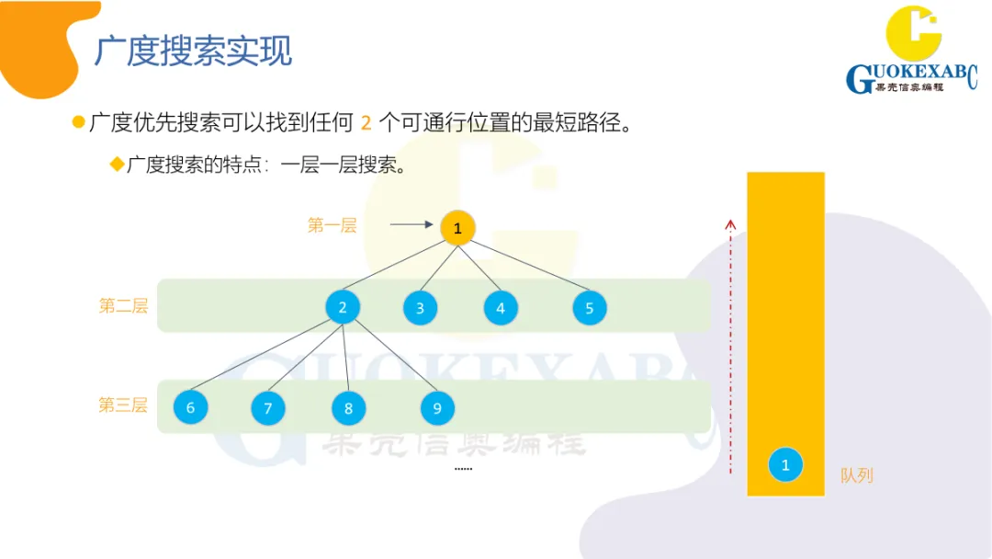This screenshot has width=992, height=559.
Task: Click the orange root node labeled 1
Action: click(457, 227)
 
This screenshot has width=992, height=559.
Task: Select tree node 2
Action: click(343, 307)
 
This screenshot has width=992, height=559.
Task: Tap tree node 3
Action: click(420, 308)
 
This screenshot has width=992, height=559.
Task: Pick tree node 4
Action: click(501, 308)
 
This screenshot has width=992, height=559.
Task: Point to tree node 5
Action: click(590, 308)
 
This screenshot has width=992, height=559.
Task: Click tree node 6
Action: click(191, 407)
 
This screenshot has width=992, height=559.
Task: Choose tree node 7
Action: click(268, 407)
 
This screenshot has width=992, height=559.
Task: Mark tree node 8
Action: click(349, 407)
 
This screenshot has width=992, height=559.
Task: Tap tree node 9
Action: click(437, 407)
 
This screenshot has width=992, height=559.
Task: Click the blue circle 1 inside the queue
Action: click(785, 464)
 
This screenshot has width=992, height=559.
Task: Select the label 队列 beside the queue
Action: click(856, 475)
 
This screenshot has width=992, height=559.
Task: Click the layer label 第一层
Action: click(332, 225)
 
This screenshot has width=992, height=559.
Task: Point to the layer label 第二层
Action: click(123, 306)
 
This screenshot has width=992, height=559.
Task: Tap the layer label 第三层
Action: click(123, 405)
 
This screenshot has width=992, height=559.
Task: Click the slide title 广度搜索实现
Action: click(193, 51)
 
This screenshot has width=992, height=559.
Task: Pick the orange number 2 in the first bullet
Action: click(366, 122)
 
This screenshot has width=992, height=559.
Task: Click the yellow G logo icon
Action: click(913, 35)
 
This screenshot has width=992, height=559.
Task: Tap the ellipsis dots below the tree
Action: click(463, 469)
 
